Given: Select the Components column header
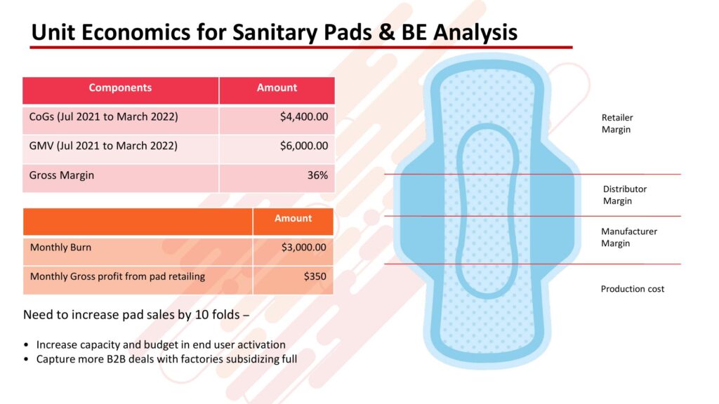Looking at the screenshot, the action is [120, 88].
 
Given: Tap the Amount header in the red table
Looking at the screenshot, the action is [277, 88].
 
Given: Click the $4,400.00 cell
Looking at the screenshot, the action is [304, 117].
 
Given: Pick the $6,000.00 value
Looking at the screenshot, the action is [304, 146].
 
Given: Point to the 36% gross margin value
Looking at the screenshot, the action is [317, 175].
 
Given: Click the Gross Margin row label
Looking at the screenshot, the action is [62, 175].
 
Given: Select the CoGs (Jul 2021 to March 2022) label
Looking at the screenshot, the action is [103, 117].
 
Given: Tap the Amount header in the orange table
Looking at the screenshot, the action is [293, 219].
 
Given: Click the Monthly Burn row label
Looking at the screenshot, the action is [60, 248].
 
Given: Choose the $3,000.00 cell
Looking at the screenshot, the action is [303, 248].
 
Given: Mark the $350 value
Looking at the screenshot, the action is [315, 276].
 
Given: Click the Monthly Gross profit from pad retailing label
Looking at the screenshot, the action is [117, 276].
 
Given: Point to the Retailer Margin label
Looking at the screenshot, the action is [616, 123].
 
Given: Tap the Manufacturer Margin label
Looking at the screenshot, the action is [628, 237].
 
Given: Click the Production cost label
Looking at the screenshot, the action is [633, 289].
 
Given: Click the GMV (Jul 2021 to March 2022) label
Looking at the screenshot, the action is [103, 146].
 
